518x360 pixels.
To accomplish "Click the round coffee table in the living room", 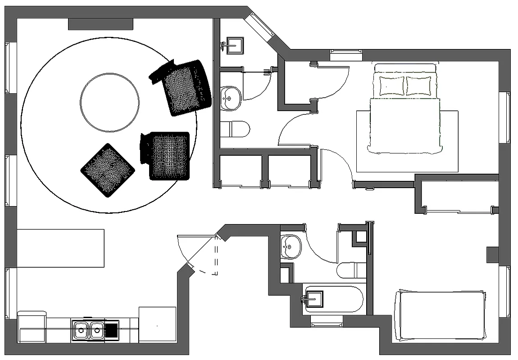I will [109, 102].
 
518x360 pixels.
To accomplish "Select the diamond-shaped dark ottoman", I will [108, 170].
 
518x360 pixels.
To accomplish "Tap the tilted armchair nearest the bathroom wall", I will [182, 87].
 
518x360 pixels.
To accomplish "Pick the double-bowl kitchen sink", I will [88, 331].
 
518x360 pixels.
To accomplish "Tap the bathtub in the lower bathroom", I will [333, 299].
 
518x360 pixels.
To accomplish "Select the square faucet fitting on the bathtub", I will [314, 299].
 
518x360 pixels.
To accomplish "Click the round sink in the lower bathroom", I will [291, 247].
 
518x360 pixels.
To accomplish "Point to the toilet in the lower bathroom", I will [351, 270].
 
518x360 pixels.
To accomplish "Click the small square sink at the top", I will [234, 45].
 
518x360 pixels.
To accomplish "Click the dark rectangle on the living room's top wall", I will [100, 24].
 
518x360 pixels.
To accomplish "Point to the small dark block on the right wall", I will [492, 255].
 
